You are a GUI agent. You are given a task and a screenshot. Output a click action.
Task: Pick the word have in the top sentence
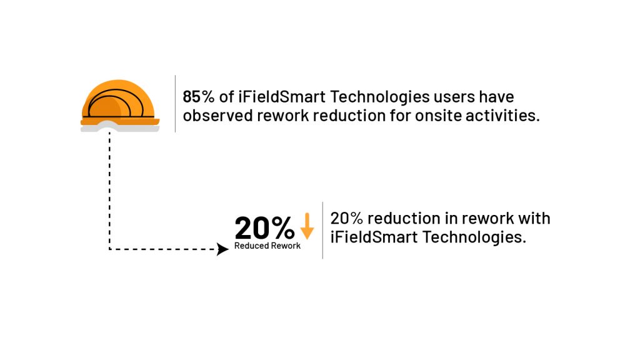[x=496, y=97]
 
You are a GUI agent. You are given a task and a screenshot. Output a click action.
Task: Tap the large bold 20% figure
[x=264, y=227]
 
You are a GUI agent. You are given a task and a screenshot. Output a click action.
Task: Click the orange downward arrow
[x=307, y=226]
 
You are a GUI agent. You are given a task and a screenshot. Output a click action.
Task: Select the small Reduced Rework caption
[x=267, y=246]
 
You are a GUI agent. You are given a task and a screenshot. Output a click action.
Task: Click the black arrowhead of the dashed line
[x=222, y=249]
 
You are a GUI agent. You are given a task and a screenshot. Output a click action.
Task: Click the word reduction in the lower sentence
[x=404, y=218]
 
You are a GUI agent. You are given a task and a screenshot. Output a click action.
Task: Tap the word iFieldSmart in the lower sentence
[x=374, y=237]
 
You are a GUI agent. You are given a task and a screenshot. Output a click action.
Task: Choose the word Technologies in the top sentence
[x=379, y=97]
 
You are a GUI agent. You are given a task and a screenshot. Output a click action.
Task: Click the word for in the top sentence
[x=400, y=116]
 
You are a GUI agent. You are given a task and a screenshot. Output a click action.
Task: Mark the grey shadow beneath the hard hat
[x=119, y=127]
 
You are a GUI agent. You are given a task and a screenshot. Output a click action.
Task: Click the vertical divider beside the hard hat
[x=175, y=104]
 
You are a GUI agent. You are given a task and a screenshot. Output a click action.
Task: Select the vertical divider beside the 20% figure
[x=322, y=230]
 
